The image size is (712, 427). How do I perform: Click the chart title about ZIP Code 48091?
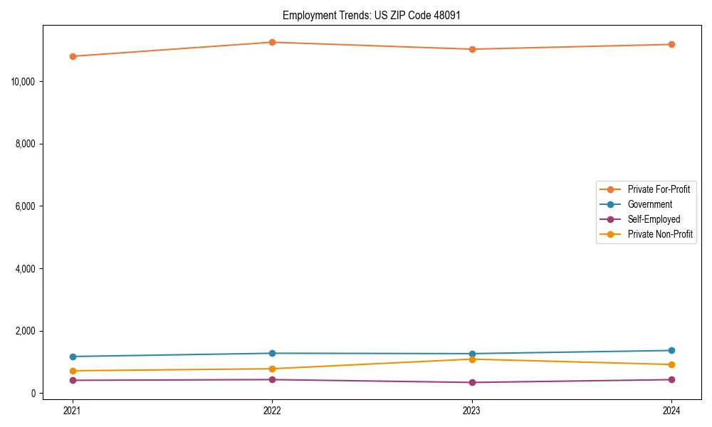[x=372, y=15]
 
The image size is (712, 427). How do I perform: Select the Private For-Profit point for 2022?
[x=272, y=42]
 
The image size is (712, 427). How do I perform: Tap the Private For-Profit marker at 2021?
[x=73, y=56]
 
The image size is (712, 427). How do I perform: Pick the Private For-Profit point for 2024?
[x=671, y=44]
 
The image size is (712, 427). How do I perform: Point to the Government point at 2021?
[x=73, y=357]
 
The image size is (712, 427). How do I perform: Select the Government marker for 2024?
[x=671, y=350]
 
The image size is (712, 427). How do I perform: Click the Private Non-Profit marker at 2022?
[x=272, y=369]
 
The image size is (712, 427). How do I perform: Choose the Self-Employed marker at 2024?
[x=671, y=379]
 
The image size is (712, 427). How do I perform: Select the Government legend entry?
[x=649, y=204]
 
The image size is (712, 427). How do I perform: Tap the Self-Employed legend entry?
[x=654, y=219]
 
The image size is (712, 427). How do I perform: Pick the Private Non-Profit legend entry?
[x=660, y=234]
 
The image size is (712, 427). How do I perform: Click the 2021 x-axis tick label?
[x=73, y=410]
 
